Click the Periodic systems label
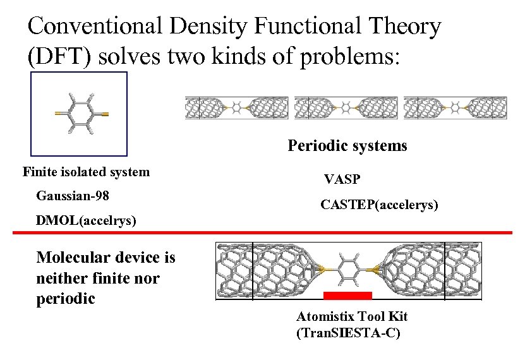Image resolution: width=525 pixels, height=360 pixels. click(347, 146)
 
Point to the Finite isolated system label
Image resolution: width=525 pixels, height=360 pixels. click(86, 172)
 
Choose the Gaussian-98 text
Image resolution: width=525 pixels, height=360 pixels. click(73, 196)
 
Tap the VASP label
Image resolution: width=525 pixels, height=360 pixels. click(342, 179)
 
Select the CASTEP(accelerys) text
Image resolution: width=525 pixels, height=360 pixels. click(379, 205)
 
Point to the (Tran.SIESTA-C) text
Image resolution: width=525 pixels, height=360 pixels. click(347, 333)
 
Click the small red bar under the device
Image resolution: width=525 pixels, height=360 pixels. click(347, 295)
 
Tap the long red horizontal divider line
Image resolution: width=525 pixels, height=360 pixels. click(262, 232)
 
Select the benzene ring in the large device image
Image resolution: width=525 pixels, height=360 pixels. click(348, 270)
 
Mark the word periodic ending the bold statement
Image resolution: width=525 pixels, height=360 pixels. click(66, 298)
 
